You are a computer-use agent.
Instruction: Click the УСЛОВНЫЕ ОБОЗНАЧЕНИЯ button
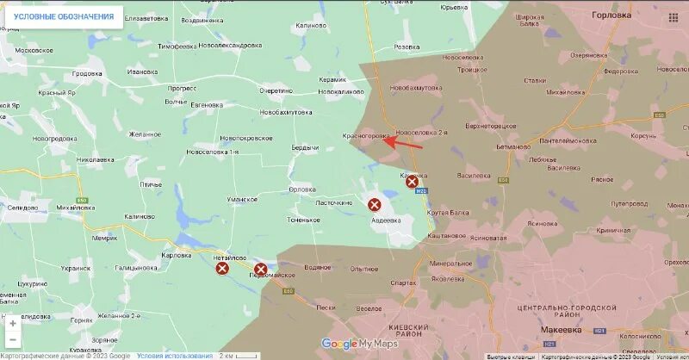63,16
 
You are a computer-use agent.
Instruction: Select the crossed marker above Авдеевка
375,205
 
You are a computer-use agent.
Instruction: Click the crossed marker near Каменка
412,182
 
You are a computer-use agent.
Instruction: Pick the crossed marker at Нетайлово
222,269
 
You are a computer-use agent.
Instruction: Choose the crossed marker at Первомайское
260,270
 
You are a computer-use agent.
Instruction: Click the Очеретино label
276,90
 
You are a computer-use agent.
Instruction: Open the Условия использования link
175,356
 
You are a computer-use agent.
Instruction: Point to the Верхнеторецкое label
490,126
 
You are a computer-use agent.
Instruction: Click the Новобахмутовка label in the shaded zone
415,88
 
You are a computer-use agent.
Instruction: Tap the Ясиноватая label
488,238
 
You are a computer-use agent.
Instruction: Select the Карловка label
176,256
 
